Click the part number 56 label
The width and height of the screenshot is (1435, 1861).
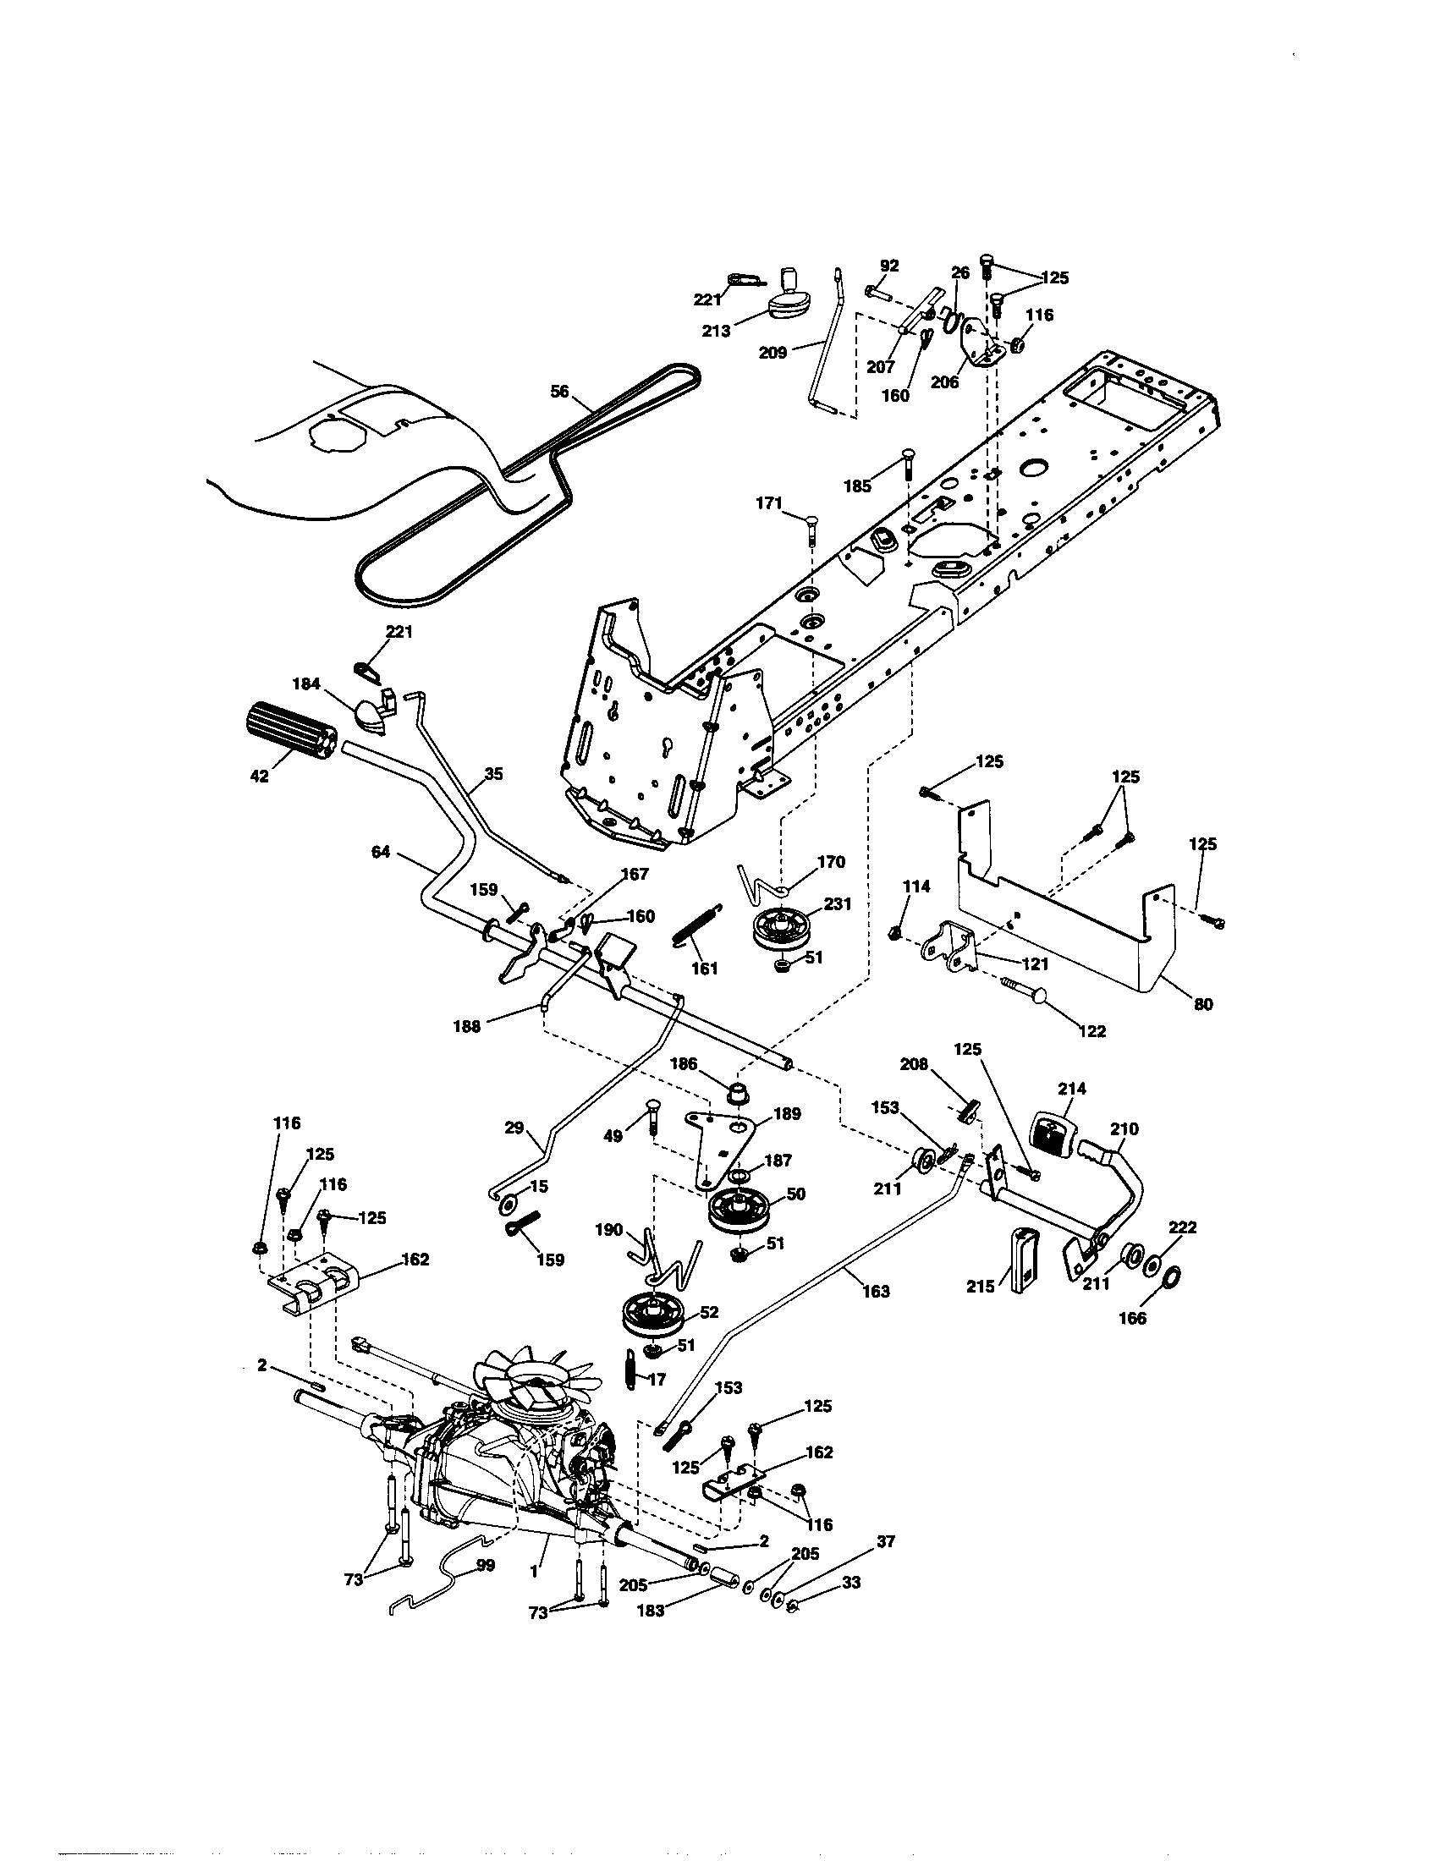(559, 393)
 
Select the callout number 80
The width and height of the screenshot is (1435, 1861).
(1202, 1004)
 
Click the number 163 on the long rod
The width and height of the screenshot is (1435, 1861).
(875, 1292)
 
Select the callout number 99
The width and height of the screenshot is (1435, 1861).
(485, 1565)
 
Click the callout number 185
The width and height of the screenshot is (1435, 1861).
(857, 486)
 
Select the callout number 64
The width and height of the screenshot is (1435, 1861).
(380, 851)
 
